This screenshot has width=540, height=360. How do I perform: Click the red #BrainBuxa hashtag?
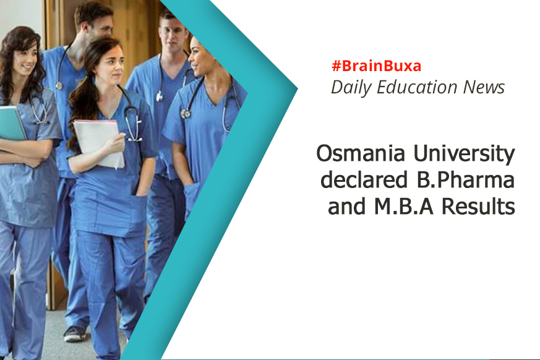tap(376, 66)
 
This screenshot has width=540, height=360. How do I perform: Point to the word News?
tap(484, 87)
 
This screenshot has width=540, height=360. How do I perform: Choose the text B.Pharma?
tap(461, 179)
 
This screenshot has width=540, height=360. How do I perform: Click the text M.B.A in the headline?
tap(404, 207)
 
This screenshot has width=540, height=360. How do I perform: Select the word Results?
tap(478, 206)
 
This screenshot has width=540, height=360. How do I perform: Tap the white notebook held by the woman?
tap(98, 144)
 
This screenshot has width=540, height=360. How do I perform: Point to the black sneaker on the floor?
tap(74, 333)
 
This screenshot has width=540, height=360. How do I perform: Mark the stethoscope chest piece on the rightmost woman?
tap(186, 113)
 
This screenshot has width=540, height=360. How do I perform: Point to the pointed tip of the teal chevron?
tap(297, 89)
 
